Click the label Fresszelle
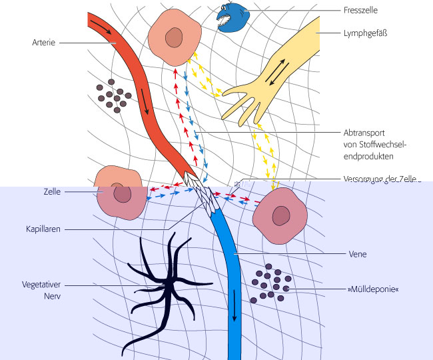tap(359, 11)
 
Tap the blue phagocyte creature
tap(230, 18)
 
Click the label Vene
tap(358, 254)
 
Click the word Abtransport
tap(364, 133)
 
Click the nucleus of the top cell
tap(175, 38)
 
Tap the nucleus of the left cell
tap(122, 194)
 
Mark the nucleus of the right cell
tap(281, 215)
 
